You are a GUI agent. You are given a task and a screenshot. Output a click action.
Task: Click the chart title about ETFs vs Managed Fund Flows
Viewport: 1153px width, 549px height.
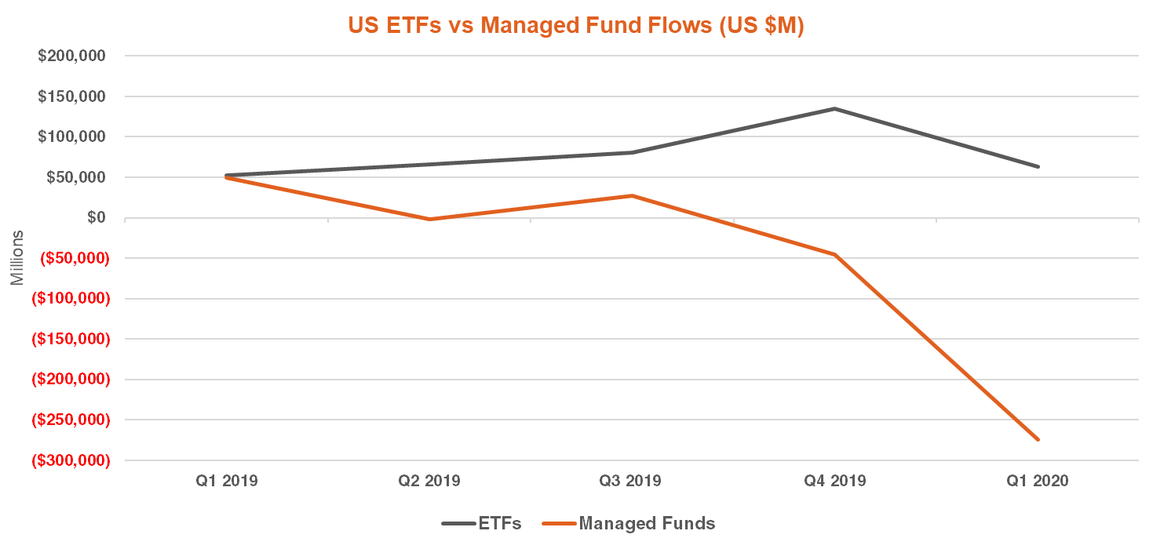(x=576, y=25)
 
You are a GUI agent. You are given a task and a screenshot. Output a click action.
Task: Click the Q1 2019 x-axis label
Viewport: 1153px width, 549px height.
(x=227, y=481)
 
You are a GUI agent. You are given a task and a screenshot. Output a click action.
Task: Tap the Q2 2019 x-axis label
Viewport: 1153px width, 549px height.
(x=430, y=481)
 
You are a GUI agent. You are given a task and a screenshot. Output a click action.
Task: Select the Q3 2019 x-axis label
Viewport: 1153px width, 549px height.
(x=633, y=481)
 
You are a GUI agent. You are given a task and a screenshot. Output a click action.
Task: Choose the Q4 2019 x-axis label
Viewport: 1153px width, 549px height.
(x=835, y=481)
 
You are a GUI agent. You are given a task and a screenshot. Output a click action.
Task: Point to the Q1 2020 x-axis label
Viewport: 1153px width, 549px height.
(x=1038, y=481)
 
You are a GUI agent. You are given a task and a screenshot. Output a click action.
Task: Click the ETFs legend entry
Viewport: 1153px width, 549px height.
(x=482, y=523)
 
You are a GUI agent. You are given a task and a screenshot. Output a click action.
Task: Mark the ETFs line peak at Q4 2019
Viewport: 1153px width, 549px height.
(x=835, y=108)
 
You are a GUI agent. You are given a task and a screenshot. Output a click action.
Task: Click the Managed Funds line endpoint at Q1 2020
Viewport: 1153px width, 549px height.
(x=1038, y=440)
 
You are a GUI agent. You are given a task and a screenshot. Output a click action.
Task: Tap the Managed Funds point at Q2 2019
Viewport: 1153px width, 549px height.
(x=430, y=219)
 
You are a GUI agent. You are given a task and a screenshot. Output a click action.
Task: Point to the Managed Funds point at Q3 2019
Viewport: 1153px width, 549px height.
(x=633, y=195)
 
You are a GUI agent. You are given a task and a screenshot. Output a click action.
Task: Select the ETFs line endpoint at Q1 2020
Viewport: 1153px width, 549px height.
(x=1038, y=166)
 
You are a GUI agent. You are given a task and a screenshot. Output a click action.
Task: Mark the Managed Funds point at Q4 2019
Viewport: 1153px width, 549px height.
(x=835, y=255)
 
